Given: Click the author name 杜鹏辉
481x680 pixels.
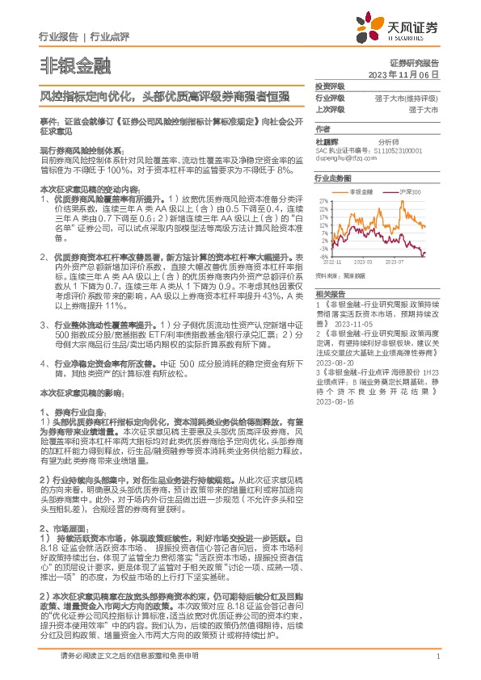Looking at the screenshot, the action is (328, 141).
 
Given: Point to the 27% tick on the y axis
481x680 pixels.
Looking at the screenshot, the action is (323, 200).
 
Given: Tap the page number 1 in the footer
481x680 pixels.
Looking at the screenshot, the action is (437, 665).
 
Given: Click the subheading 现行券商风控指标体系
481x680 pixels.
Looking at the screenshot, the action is (82, 150).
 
